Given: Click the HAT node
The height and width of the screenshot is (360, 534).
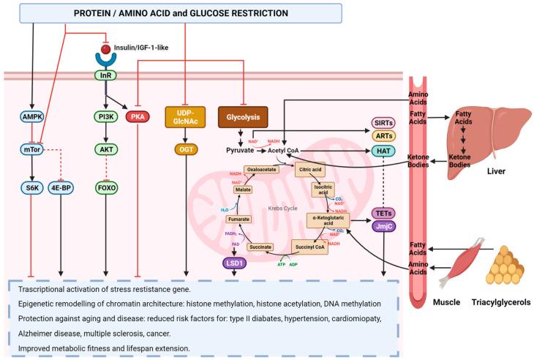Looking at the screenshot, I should click(x=383, y=150).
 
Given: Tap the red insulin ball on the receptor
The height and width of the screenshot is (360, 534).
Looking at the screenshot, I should click(x=106, y=49).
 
